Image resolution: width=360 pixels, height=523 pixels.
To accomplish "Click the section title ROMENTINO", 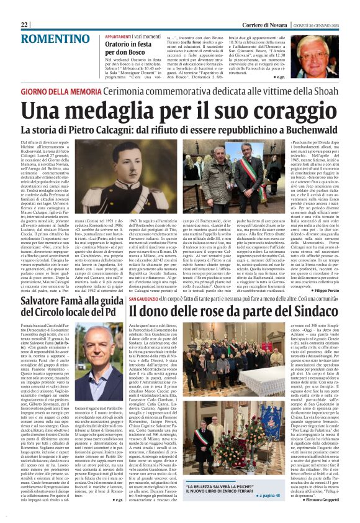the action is click(47, 39).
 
